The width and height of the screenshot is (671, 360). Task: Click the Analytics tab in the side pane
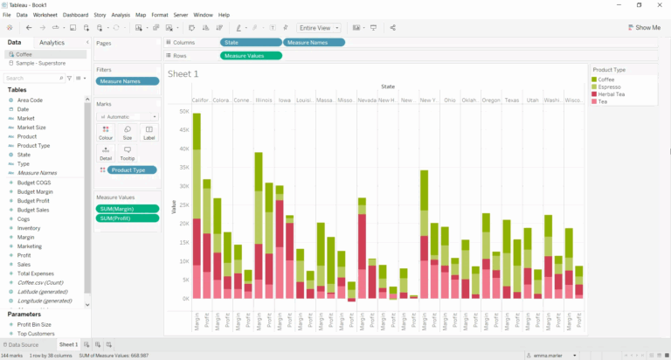pyautogui.click(x=52, y=42)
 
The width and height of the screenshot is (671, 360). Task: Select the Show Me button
pyautogui.click(x=644, y=27)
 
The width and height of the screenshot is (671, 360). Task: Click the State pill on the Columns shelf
pyautogui.click(x=251, y=42)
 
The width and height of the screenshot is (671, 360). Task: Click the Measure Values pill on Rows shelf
pyautogui.click(x=251, y=56)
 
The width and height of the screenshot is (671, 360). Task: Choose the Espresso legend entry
pyautogui.click(x=608, y=87)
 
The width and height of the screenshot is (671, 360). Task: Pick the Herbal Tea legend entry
pyautogui.click(x=611, y=94)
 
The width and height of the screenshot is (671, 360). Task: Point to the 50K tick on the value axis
pyautogui.click(x=184, y=112)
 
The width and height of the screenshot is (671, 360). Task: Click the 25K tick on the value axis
pyautogui.click(x=184, y=205)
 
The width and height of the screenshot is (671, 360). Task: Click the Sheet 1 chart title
pyautogui.click(x=183, y=74)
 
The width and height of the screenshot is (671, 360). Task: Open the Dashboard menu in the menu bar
pyautogui.click(x=75, y=15)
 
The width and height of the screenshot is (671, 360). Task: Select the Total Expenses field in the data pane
pyautogui.click(x=36, y=273)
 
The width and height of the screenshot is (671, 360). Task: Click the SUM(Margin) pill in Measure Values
pyautogui.click(x=128, y=209)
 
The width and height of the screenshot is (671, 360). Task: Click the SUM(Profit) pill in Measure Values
pyautogui.click(x=128, y=218)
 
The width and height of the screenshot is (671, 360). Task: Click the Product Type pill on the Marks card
pyautogui.click(x=132, y=170)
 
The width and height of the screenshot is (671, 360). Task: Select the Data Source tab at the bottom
pyautogui.click(x=24, y=345)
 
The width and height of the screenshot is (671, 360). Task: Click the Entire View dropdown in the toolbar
pyautogui.click(x=319, y=28)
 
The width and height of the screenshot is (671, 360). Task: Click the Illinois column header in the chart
pyautogui.click(x=263, y=100)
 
